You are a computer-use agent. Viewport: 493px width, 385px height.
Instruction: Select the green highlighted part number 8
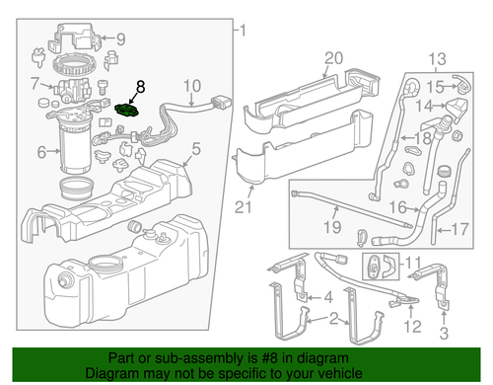tap(126, 110)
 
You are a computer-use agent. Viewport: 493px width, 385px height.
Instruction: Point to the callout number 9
tap(120, 39)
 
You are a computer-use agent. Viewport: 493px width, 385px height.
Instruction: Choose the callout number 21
tap(243, 207)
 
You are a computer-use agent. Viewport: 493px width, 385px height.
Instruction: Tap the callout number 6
tap(40, 152)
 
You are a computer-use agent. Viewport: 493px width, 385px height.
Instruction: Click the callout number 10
tap(191, 86)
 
